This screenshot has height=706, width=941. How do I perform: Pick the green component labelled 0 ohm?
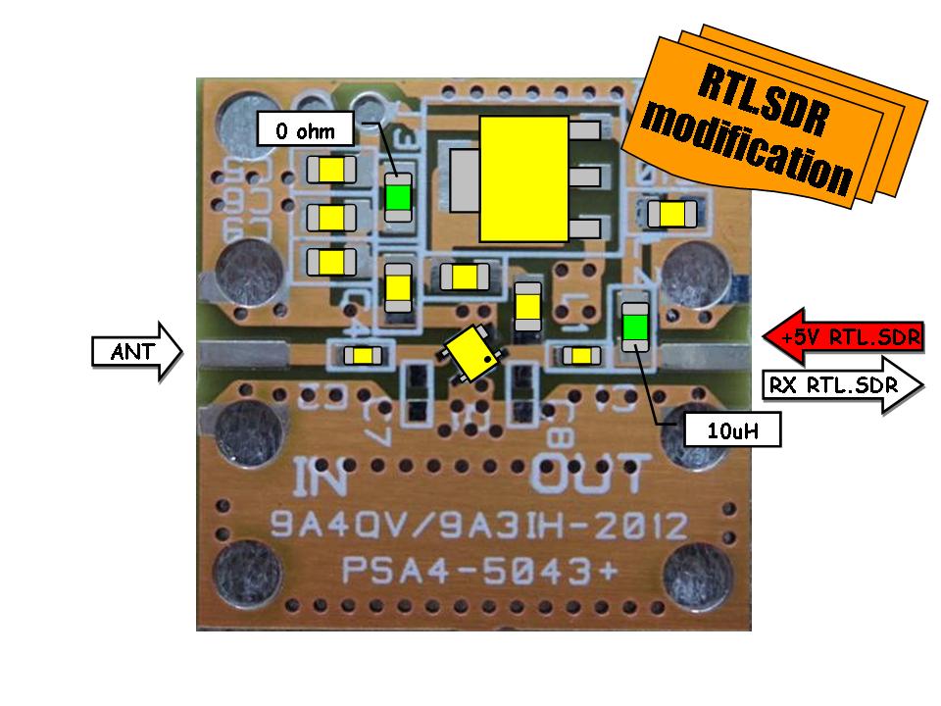pyautogui.click(x=397, y=197)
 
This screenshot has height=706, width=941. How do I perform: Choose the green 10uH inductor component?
pyautogui.click(x=635, y=323)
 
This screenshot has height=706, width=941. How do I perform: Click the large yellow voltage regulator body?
pyautogui.click(x=523, y=177)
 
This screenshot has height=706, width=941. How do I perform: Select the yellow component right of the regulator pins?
pyautogui.click(x=672, y=212)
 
